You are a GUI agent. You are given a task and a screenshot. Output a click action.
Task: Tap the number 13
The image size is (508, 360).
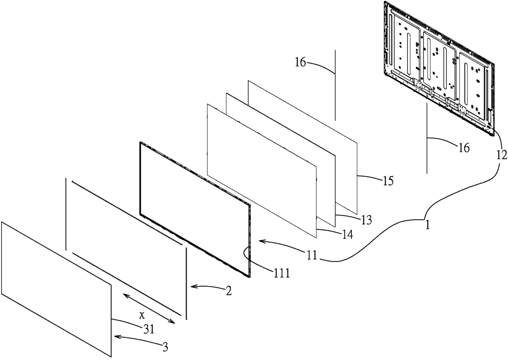point(366,220)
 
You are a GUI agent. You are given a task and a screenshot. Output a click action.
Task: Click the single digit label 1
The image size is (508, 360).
point(427,225)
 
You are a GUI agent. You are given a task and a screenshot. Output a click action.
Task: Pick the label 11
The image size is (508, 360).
point(311,255)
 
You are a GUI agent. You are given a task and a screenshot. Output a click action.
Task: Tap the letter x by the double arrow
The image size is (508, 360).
point(142,315)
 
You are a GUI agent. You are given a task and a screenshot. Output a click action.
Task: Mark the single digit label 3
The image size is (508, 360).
point(165,347)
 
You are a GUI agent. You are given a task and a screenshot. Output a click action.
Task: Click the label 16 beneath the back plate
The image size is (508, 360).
point(463,147)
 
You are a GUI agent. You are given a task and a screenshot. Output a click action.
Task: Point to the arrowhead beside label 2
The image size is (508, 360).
point(193,287)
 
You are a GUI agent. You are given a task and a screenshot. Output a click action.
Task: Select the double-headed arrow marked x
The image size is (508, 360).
point(149,308)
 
